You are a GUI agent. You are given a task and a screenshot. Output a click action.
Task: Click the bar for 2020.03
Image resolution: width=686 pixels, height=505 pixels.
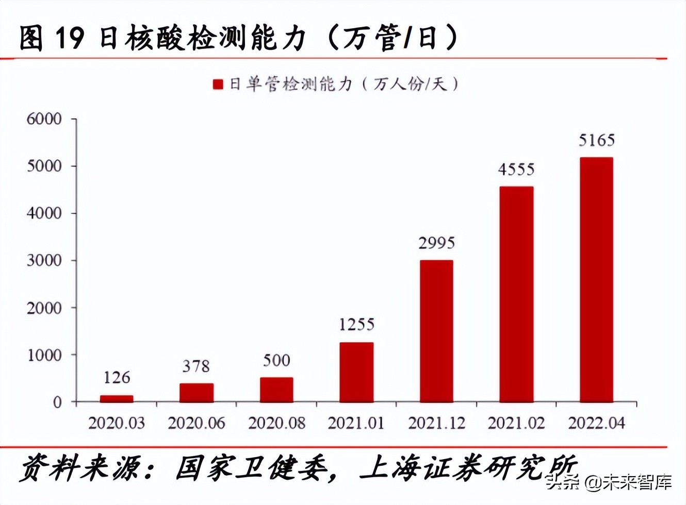(x=117, y=398)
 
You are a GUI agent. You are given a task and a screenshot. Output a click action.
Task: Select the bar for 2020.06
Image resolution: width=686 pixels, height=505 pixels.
(x=197, y=393)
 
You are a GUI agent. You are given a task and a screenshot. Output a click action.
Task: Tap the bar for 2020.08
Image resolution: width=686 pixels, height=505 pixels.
(x=276, y=390)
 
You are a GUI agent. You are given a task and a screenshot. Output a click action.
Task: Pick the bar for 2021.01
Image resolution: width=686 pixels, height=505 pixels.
(x=356, y=372)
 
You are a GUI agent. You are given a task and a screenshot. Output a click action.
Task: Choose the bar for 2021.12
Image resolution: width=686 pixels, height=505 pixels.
(x=436, y=331)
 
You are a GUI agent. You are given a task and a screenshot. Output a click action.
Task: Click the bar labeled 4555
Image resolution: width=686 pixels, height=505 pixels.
(x=516, y=294)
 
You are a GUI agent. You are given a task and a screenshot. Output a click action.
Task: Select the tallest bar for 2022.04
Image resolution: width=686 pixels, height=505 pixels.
(x=596, y=280)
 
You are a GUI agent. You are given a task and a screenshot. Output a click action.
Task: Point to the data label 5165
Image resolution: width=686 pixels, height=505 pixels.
(x=596, y=140)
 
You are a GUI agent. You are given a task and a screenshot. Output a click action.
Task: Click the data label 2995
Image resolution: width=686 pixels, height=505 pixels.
(x=436, y=243)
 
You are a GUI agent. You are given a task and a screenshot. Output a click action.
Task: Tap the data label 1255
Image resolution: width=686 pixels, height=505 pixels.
(x=356, y=324)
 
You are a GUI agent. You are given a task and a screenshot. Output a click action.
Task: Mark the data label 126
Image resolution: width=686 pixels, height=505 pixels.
(x=117, y=378)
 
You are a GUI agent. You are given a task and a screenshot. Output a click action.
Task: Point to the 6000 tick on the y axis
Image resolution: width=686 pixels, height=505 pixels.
(x=44, y=119)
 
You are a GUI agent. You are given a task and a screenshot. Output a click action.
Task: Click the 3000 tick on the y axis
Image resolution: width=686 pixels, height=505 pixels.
(x=44, y=261)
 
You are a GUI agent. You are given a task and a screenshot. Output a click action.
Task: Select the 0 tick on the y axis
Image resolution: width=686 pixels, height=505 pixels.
(x=57, y=402)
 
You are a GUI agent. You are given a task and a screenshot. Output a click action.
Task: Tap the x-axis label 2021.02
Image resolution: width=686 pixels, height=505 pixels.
(x=516, y=423)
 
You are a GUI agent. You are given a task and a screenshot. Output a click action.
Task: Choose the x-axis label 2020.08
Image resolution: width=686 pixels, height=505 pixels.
(x=276, y=423)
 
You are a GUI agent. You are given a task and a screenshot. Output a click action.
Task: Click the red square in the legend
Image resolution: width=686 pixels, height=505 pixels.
(x=218, y=85)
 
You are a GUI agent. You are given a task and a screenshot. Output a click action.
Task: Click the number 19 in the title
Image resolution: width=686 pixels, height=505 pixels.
(x=69, y=39)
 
